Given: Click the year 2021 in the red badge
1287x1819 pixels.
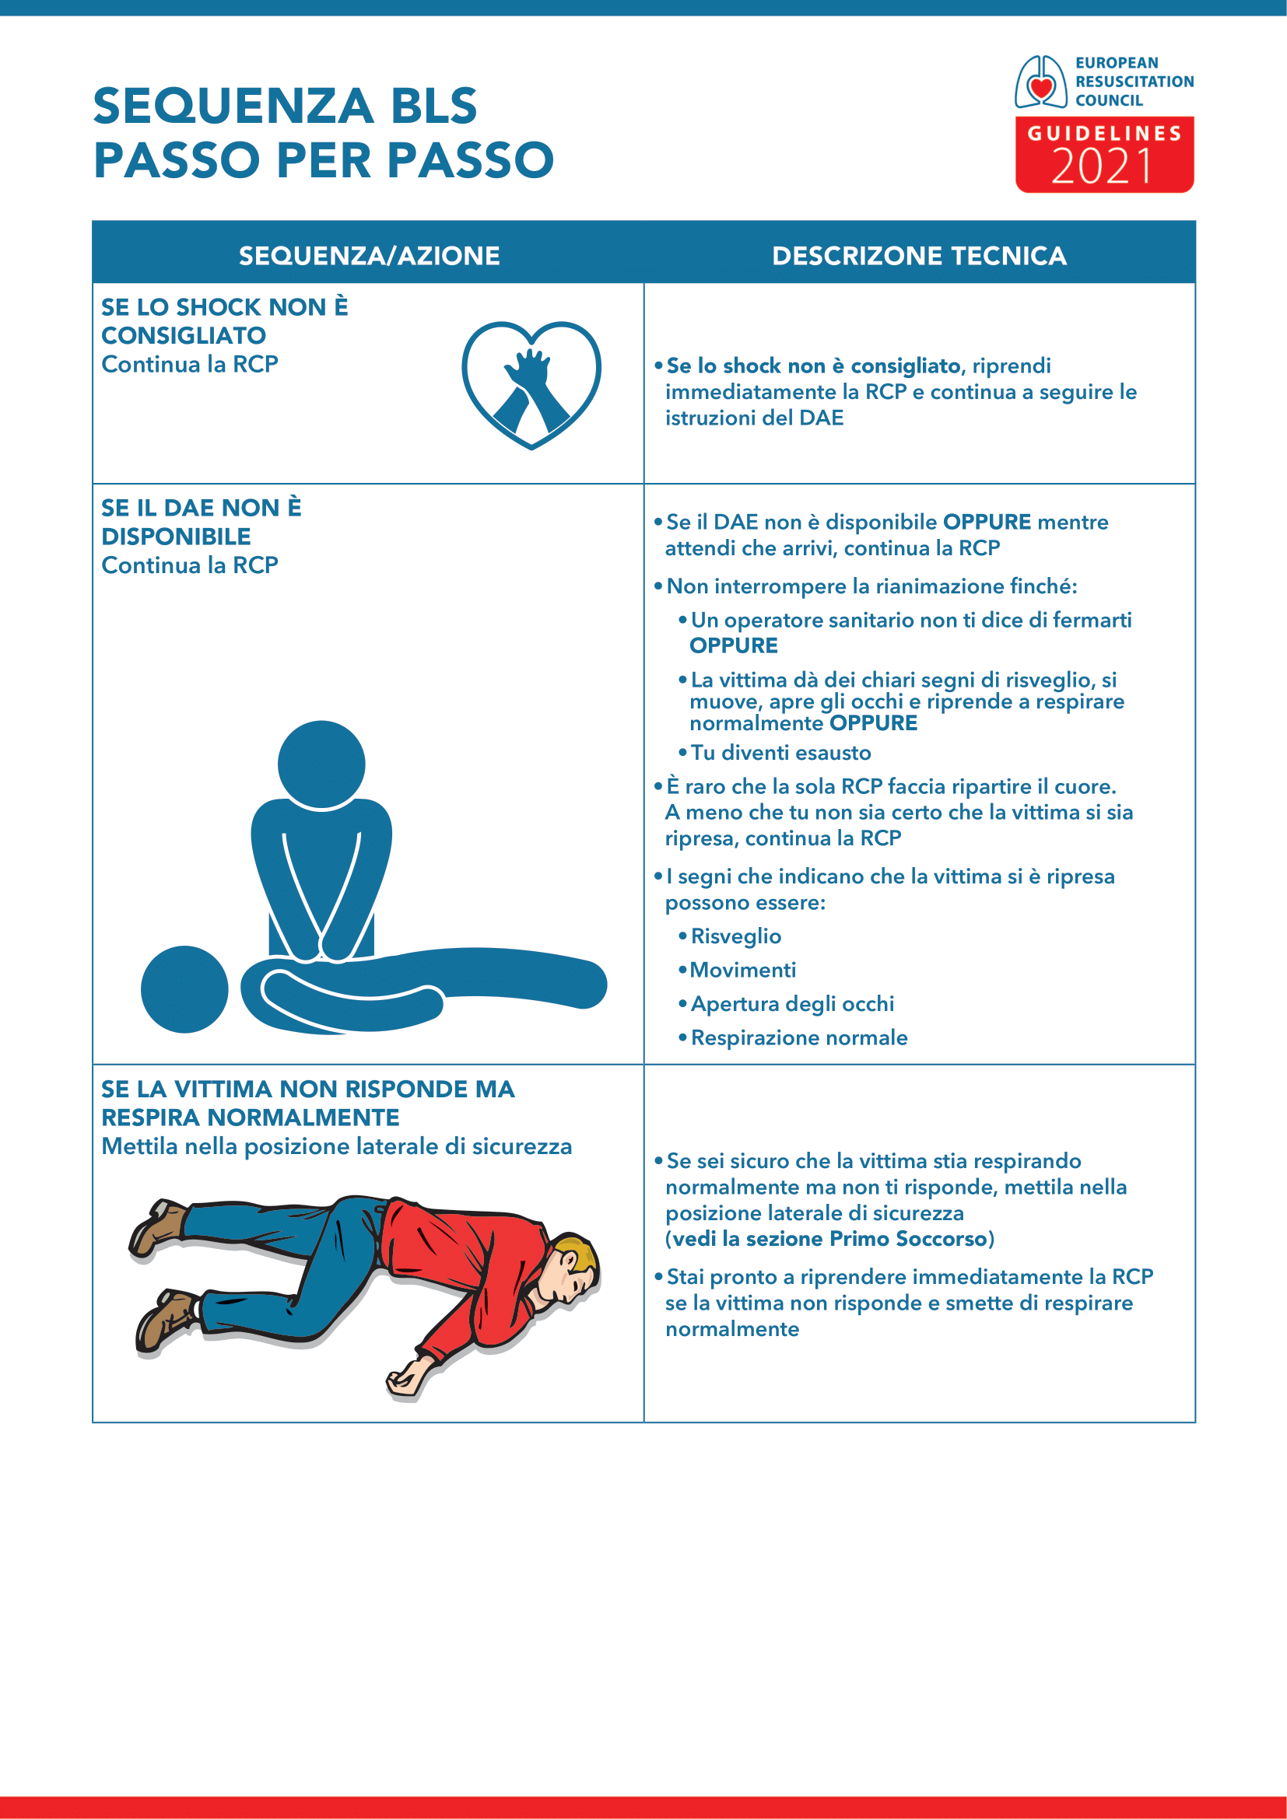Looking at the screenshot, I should pyautogui.click(x=1103, y=166).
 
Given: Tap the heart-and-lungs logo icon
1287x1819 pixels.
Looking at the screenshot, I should pyautogui.click(x=1040, y=82).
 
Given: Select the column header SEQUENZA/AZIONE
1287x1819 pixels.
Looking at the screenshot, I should pyautogui.click(x=370, y=256).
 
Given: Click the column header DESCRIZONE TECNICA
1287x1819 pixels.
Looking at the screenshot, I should pyautogui.click(x=919, y=256).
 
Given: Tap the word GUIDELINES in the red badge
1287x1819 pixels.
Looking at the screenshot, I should pyautogui.click(x=1105, y=134).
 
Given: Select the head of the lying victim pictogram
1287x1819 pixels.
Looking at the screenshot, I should pyautogui.click(x=184, y=988).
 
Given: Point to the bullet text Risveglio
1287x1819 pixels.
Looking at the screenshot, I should pyautogui.click(x=736, y=936).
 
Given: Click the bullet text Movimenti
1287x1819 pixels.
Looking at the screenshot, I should pyautogui.click(x=742, y=970).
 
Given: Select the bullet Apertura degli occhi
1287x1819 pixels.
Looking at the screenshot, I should pyautogui.click(x=791, y=1004).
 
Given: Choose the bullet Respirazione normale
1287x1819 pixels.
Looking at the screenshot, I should pyautogui.click(x=799, y=1038).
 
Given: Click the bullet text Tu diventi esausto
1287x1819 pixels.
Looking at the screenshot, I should pyautogui.click(x=780, y=753).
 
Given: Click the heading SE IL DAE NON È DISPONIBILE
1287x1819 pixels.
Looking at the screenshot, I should pyautogui.click(x=202, y=522).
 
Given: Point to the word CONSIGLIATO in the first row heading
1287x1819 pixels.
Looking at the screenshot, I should pyautogui.click(x=184, y=336).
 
